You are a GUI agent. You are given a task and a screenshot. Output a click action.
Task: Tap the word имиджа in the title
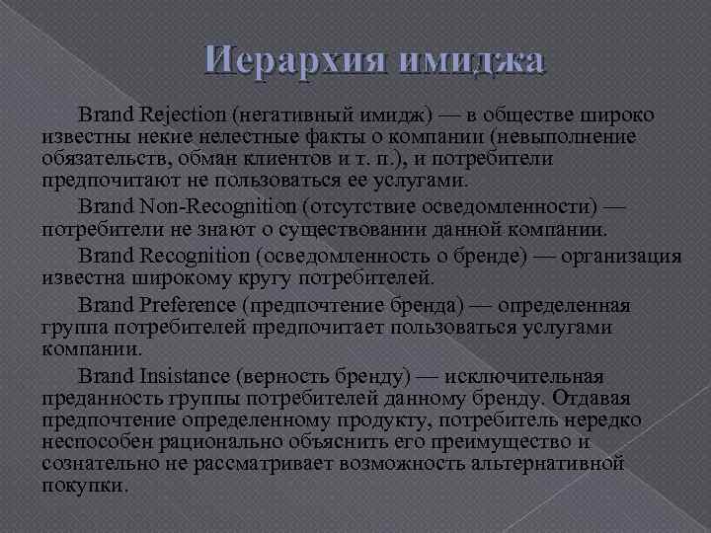coord(474,62)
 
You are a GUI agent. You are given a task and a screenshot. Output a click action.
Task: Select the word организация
coord(621,256)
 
